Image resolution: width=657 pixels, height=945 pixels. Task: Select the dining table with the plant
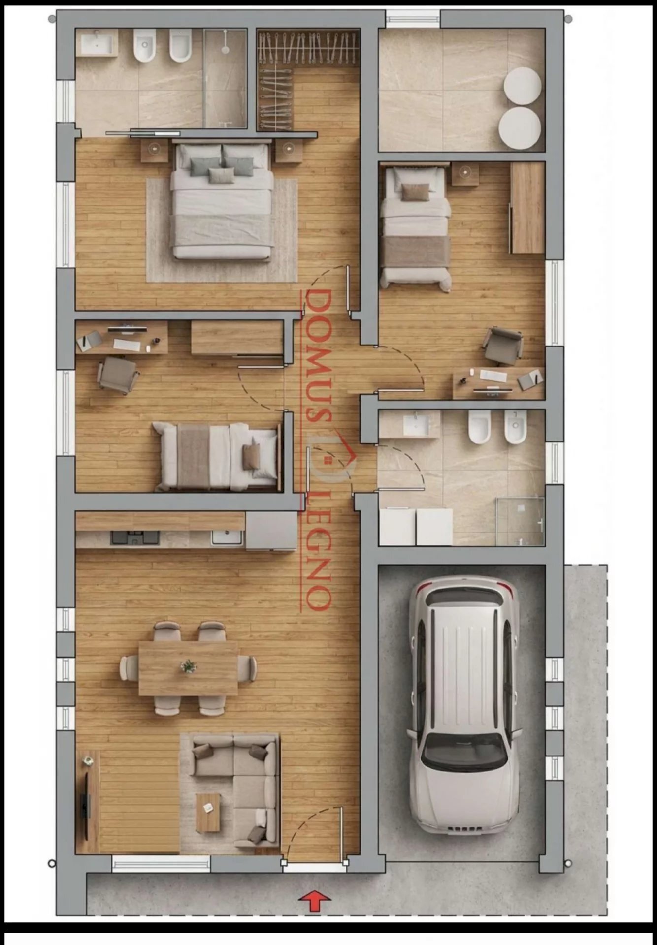[188, 668]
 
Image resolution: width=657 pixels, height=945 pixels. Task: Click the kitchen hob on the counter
[135, 537]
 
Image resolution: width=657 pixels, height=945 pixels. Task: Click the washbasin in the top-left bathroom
[98, 42]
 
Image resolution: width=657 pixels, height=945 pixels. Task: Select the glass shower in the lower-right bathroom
[520, 521]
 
